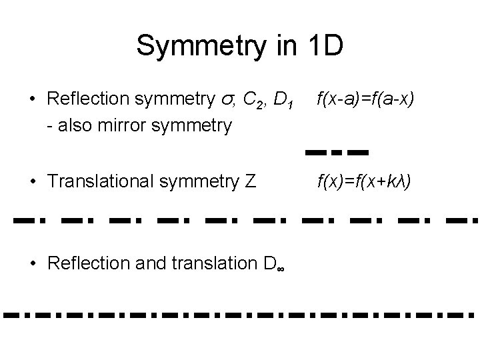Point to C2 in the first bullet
253,101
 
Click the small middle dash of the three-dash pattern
337,153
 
